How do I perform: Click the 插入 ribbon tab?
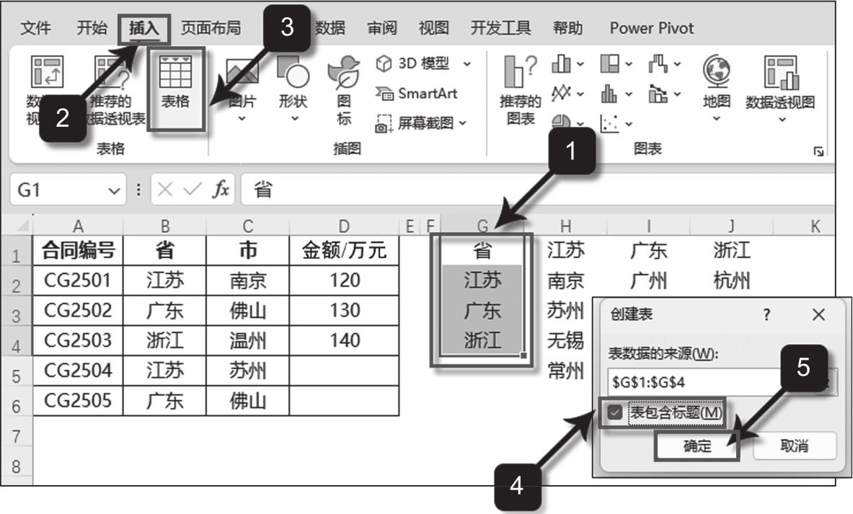pyautogui.click(x=144, y=29)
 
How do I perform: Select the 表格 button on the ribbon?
pyautogui.click(x=175, y=88)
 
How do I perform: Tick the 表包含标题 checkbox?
pyautogui.click(x=614, y=412)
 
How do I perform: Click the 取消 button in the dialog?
pyautogui.click(x=794, y=446)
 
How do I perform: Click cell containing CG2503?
pyautogui.click(x=78, y=340)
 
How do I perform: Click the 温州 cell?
pyautogui.click(x=247, y=340)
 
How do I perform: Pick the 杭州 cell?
pyautogui.click(x=731, y=280)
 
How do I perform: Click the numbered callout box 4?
pyautogui.click(x=516, y=486)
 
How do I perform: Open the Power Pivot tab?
pyautogui.click(x=651, y=29)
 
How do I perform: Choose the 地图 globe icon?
pyautogui.click(x=716, y=83)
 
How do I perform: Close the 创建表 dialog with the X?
pyautogui.click(x=818, y=315)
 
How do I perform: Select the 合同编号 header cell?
pyautogui.click(x=78, y=250)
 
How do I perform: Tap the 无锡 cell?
pyautogui.click(x=565, y=340)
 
